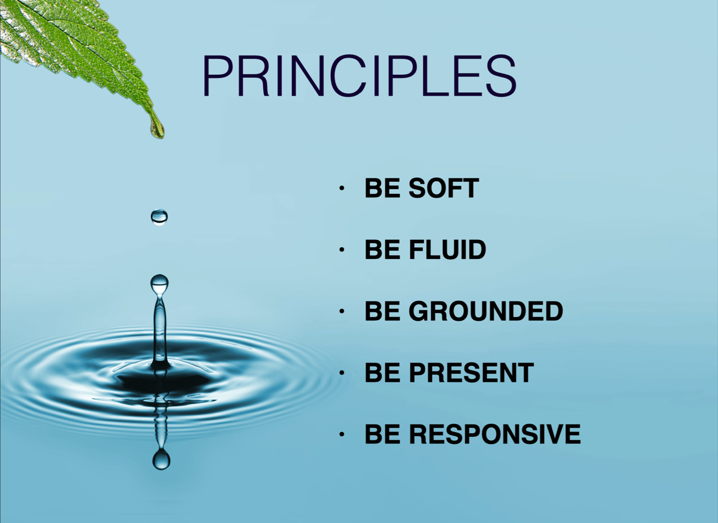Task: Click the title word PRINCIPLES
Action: click(x=360, y=76)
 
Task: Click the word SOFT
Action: click(x=444, y=188)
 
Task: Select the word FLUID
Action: click(x=447, y=250)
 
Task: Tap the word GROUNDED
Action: click(x=485, y=311)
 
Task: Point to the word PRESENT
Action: click(x=471, y=373)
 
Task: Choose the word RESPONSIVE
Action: click(x=494, y=434)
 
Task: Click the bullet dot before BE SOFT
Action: click(x=342, y=188)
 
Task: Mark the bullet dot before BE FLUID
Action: click(x=342, y=250)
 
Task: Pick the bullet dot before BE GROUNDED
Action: click(x=342, y=311)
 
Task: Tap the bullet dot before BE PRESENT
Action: click(x=342, y=373)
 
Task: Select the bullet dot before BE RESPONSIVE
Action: click(x=342, y=434)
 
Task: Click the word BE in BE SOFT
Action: click(x=382, y=188)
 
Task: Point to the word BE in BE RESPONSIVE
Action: click(x=382, y=434)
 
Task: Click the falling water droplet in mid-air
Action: click(x=159, y=217)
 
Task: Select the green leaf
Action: click(x=73, y=50)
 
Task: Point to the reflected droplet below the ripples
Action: click(x=161, y=459)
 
